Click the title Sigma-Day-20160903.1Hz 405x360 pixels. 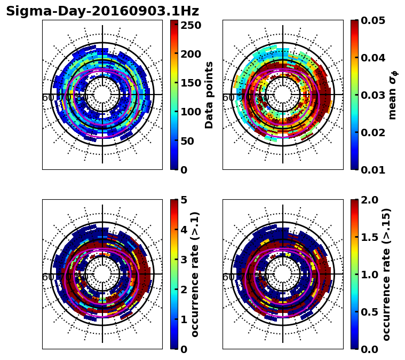(x=102, y=11)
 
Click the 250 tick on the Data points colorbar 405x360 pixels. (x=190, y=25)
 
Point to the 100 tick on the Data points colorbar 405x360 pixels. (x=190, y=112)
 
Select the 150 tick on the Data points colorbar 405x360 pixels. (x=190, y=83)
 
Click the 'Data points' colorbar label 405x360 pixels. (x=209, y=95)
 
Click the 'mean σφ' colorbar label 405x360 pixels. (x=392, y=95)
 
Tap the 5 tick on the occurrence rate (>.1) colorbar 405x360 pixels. (x=183, y=200)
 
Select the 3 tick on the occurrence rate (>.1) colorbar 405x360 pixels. (x=183, y=260)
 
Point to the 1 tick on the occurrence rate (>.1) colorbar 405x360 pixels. (x=183, y=319)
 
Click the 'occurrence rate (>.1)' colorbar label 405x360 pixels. (x=195, y=274)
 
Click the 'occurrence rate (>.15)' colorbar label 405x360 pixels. (x=386, y=274)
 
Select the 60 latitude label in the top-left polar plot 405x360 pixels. (x=47, y=98)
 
